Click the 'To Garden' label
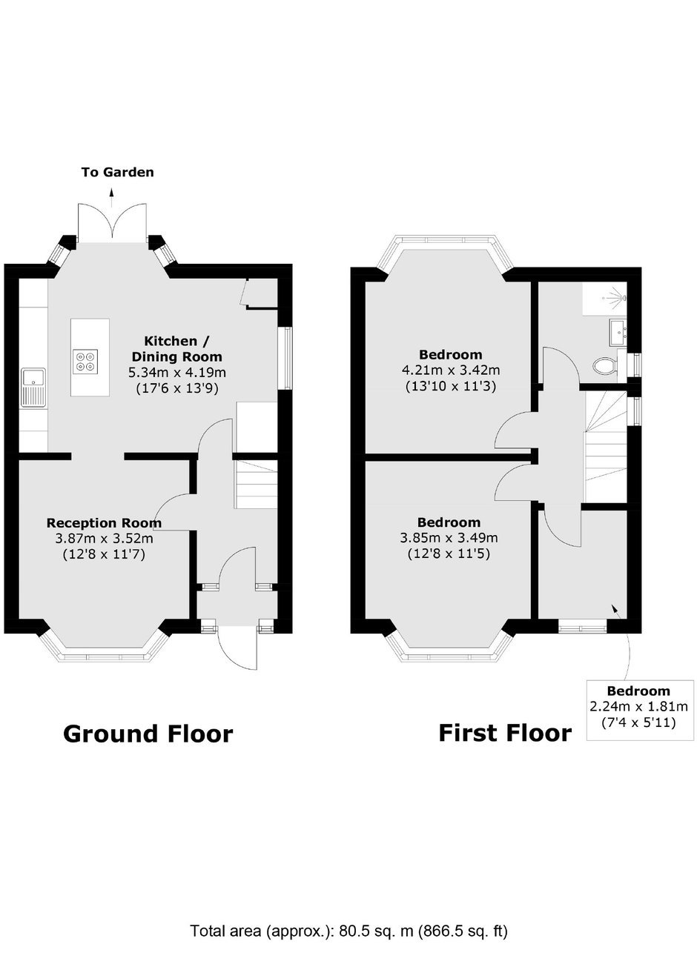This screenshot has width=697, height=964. coord(118,173)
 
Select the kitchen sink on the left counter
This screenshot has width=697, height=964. coord(33,388)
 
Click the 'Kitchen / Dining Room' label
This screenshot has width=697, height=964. coord(176,349)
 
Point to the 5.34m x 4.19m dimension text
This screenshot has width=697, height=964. coord(177,373)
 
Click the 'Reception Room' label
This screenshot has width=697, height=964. coord(104,523)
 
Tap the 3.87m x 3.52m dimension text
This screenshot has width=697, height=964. coord(105,539)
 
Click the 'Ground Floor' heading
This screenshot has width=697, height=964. coord(148,734)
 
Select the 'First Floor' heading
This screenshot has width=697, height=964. coord(505,734)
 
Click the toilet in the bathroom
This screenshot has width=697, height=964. coord(604,367)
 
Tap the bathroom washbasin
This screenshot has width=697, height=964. coord(618,332)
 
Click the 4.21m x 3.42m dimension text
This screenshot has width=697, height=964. coord(451,370)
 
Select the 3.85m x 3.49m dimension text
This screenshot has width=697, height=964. coord(449,538)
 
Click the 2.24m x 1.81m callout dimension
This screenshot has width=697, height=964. coord(639,707)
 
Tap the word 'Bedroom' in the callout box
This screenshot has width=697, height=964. coord(639,691)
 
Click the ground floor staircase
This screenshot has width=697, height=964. coord(256,484)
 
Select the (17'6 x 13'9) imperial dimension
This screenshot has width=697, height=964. coord(177,389)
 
